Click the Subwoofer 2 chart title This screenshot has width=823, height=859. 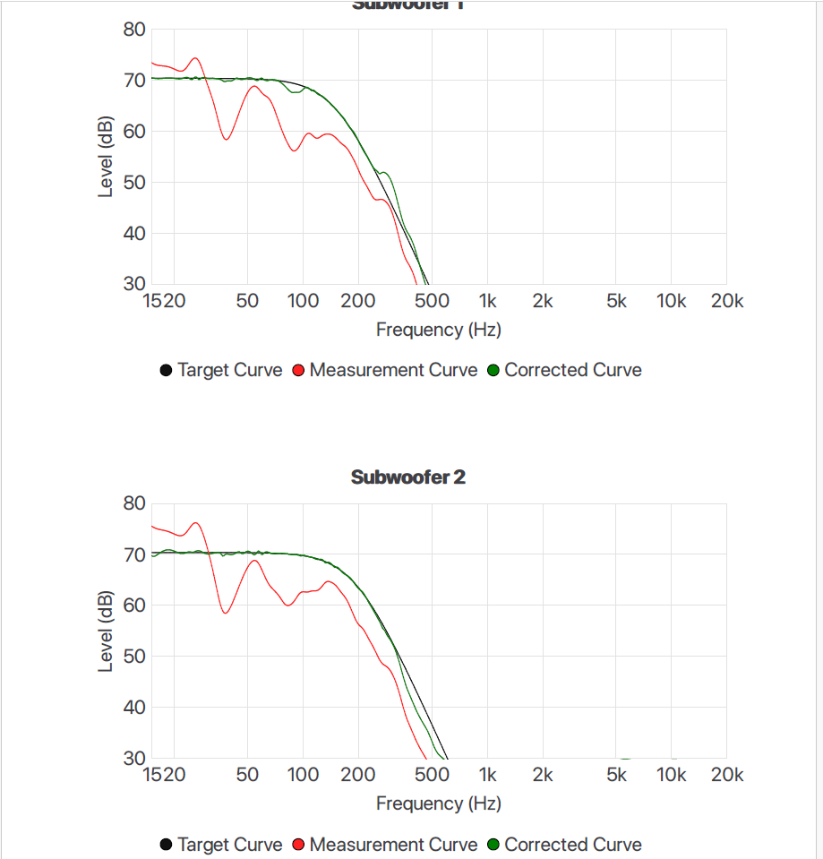coord(407,477)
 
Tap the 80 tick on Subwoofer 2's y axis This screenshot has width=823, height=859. coord(133,503)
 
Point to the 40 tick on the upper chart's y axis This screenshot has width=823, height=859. coord(133,234)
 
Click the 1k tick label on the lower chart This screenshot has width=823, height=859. coord(487,775)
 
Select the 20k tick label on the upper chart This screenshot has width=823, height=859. coord(726,301)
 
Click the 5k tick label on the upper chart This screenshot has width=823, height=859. coord(616,301)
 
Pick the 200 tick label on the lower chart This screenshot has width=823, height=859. coord(358,775)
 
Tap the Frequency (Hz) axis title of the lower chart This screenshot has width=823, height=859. coord(438,803)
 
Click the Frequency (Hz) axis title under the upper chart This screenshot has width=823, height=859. coord(438,330)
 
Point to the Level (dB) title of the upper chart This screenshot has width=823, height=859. coord(106,157)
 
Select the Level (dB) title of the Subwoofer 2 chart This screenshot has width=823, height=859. coord(106,631)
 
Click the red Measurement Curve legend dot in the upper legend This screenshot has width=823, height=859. coord(299,371)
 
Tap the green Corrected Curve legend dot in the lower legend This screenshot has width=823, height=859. coord(494,845)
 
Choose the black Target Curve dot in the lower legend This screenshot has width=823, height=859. coord(167,845)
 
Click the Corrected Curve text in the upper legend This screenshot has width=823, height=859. coord(573,370)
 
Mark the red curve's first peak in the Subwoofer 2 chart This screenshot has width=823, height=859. coord(195,523)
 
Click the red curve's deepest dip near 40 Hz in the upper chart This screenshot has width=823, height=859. coord(227,139)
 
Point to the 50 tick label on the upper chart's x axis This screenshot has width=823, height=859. coord(247,301)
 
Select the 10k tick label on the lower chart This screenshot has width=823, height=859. coord(671,775)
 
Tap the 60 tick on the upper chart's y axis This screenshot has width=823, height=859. coord(133,132)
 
